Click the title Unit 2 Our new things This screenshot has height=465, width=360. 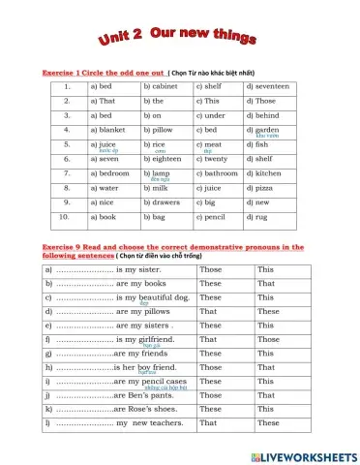(x=179, y=37)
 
